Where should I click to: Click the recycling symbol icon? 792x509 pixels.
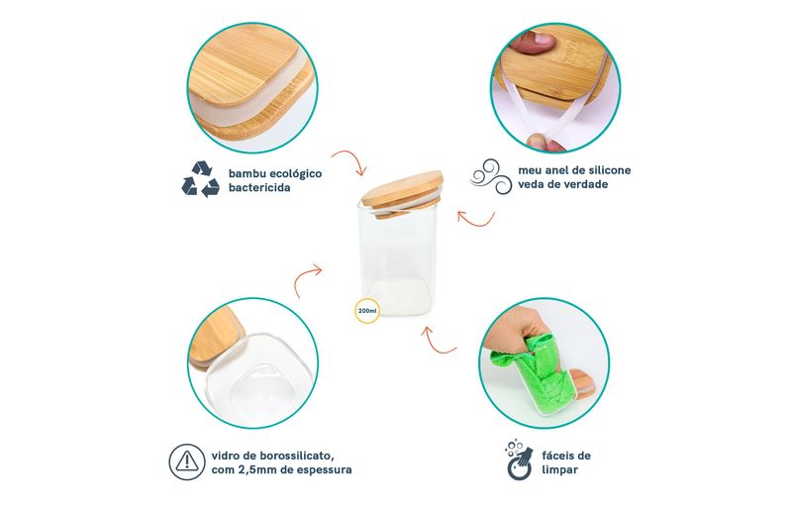click(x=201, y=179)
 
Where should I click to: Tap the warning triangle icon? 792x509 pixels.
click(x=187, y=462)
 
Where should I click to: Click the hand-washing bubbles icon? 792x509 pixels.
click(x=519, y=459)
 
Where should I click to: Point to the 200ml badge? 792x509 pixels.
click(x=367, y=310)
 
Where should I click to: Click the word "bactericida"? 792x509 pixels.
click(x=259, y=188)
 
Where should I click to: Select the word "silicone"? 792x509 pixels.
click(x=609, y=170)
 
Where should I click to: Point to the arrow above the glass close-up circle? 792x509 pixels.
click(x=306, y=278)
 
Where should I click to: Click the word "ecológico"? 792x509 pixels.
click(x=295, y=174)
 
